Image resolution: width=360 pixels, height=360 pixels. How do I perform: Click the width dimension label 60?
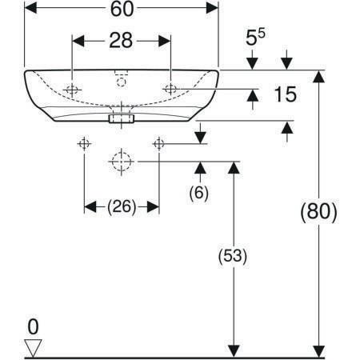point(122,9)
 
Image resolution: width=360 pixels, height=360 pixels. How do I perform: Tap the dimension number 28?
point(121,41)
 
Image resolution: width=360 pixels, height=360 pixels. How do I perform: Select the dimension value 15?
point(286,94)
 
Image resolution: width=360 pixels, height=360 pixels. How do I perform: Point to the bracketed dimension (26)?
point(122,206)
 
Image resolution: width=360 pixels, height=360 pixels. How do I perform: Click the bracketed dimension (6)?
point(199,192)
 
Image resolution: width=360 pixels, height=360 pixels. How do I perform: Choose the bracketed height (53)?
point(233,256)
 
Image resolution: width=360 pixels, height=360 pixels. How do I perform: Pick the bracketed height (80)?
point(318,212)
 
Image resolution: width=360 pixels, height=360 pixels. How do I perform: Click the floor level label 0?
point(33,326)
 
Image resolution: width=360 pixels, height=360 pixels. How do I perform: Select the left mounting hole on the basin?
point(72,90)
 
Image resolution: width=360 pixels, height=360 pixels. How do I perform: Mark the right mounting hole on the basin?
point(170,89)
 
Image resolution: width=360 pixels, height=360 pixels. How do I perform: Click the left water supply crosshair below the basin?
point(84,144)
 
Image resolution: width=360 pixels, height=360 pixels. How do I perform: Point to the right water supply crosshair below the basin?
point(159,144)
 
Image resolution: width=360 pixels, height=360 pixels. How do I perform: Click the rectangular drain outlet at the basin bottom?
point(122,118)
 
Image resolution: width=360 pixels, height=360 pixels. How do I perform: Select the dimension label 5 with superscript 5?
point(255,38)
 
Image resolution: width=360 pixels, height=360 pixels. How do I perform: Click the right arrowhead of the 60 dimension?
point(212,8)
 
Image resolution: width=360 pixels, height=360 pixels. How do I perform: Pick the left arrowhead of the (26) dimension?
point(90,207)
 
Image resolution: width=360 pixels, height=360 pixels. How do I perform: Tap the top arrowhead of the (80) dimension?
point(318,77)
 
